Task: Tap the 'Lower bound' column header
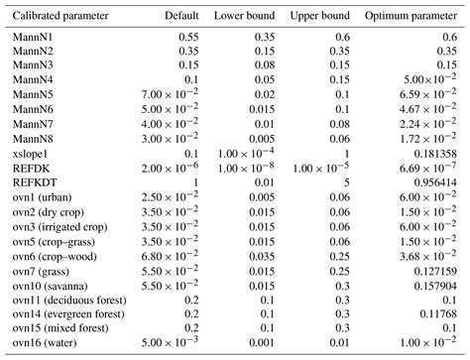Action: click(x=245, y=18)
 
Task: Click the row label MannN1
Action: click(x=30, y=36)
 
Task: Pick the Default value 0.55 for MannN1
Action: click(x=186, y=36)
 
